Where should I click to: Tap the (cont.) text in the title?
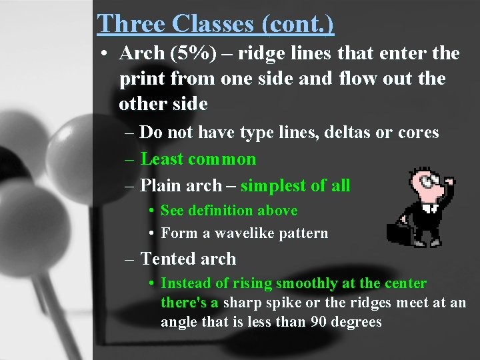coord(298,23)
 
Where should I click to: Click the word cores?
coord(417,132)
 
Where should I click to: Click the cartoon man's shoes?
coord(433,242)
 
